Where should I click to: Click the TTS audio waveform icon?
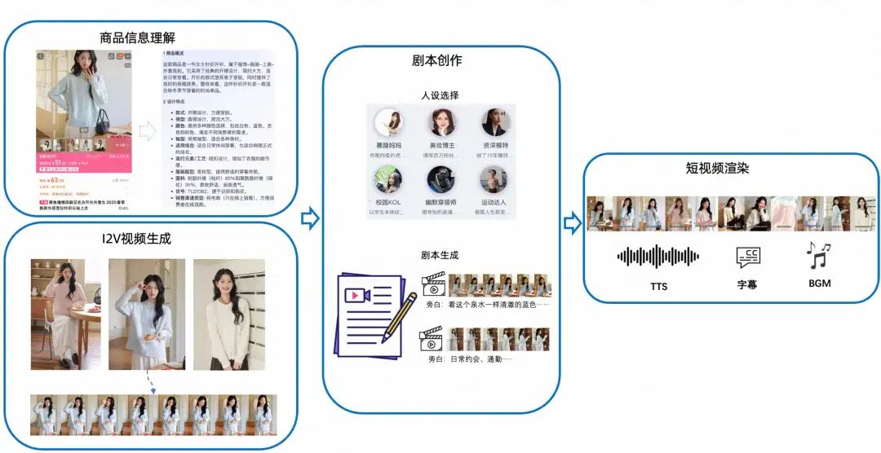pos(658,257)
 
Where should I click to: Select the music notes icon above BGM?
pos(817,255)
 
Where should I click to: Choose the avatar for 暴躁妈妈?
pos(388,123)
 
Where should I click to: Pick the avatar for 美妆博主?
pos(441,123)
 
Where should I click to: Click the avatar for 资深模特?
pos(494,123)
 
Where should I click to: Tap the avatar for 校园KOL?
pos(388,180)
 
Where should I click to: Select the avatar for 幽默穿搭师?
pos(441,180)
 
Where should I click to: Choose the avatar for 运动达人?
pos(494,180)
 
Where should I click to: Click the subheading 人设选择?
pos(440,95)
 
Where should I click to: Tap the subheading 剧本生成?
pos(440,255)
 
